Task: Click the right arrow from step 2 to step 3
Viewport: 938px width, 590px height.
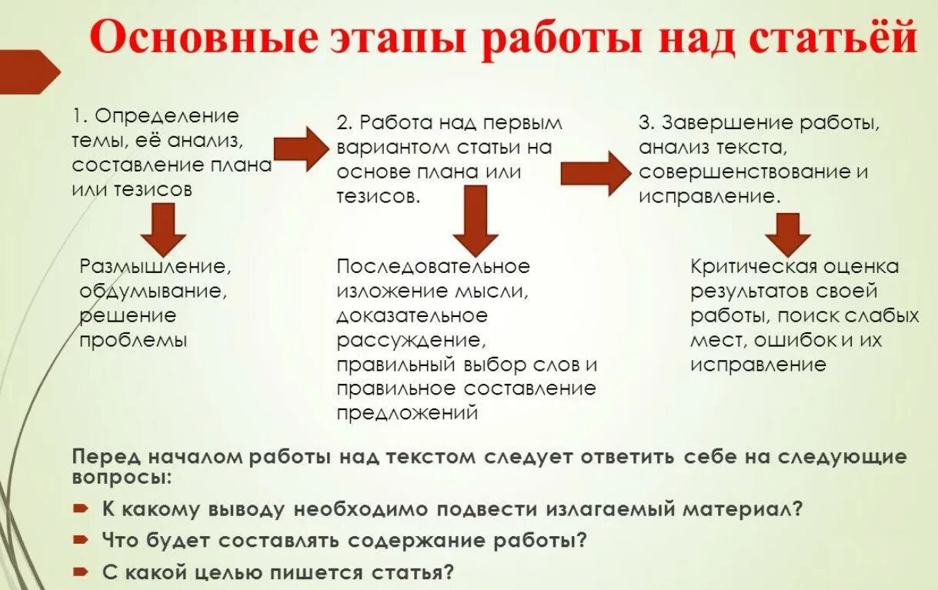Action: (595, 172)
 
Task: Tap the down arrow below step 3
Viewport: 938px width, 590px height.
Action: (786, 233)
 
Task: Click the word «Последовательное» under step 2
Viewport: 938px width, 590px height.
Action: (433, 266)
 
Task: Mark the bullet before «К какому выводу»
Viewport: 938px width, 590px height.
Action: (81, 509)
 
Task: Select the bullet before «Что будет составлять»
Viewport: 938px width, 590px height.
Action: (81, 540)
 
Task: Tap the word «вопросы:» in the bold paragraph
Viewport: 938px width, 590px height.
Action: (122, 476)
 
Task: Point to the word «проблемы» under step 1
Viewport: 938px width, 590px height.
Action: (133, 339)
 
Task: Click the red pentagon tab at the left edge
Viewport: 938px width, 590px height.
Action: (28, 72)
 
